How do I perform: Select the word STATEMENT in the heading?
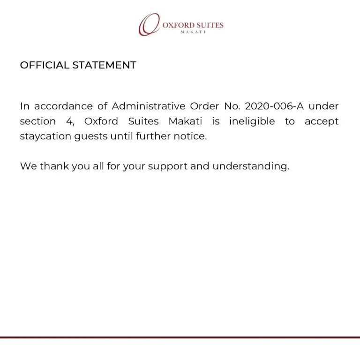104,65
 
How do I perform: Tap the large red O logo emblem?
149,24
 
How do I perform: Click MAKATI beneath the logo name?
193,32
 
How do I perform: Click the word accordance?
63,106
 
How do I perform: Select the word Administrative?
148,106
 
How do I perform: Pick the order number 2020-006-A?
274,106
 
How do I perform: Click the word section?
37,121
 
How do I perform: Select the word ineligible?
252,121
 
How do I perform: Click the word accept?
322,122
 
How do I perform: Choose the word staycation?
45,137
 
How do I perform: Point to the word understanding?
251,166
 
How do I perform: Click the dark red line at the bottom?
180,337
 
